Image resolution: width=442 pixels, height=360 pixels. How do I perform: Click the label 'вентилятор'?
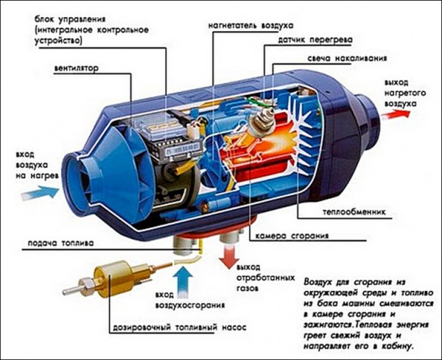click(77, 71)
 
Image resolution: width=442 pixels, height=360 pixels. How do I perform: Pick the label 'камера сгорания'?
click(290, 236)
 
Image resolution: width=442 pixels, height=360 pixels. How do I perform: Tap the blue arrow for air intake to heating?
click(44, 190)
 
